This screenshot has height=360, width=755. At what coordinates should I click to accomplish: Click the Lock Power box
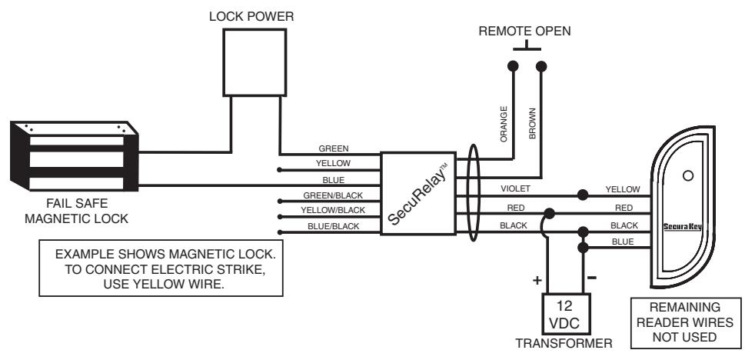[254, 62]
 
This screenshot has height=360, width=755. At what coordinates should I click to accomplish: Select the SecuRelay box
[418, 194]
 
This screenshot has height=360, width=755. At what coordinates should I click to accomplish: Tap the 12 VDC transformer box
[567, 314]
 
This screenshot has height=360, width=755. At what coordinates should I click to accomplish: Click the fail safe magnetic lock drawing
[74, 155]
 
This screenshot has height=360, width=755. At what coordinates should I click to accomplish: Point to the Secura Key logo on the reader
[683, 226]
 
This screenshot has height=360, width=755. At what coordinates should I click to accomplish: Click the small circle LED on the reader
[688, 176]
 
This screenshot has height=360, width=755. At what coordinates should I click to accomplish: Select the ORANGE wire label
[504, 124]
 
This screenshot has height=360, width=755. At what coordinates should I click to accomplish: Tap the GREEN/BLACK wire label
[333, 195]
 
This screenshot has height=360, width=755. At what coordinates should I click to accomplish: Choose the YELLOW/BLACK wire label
[333, 211]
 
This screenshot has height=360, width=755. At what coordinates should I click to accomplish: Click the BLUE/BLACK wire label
[333, 226]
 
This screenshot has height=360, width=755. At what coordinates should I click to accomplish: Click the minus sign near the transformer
[592, 278]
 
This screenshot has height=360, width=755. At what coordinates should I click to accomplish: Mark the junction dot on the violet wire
[583, 195]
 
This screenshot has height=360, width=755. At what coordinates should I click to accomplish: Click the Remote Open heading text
[525, 32]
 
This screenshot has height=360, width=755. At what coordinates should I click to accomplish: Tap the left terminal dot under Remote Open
[514, 66]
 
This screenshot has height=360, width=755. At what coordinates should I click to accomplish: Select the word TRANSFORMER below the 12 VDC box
[564, 344]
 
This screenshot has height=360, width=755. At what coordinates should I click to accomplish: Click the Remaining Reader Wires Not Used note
[685, 322]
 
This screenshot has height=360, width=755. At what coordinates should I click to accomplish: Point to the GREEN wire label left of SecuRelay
[333, 148]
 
